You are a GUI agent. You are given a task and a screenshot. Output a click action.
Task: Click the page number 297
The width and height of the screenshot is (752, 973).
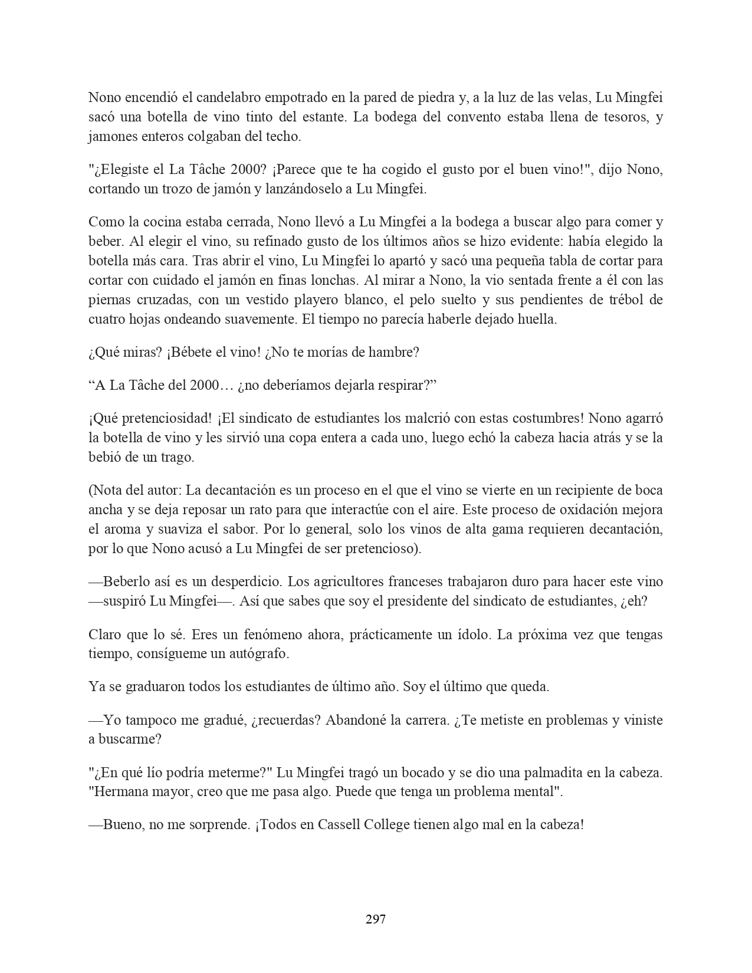pyautogui.click(x=376, y=918)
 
